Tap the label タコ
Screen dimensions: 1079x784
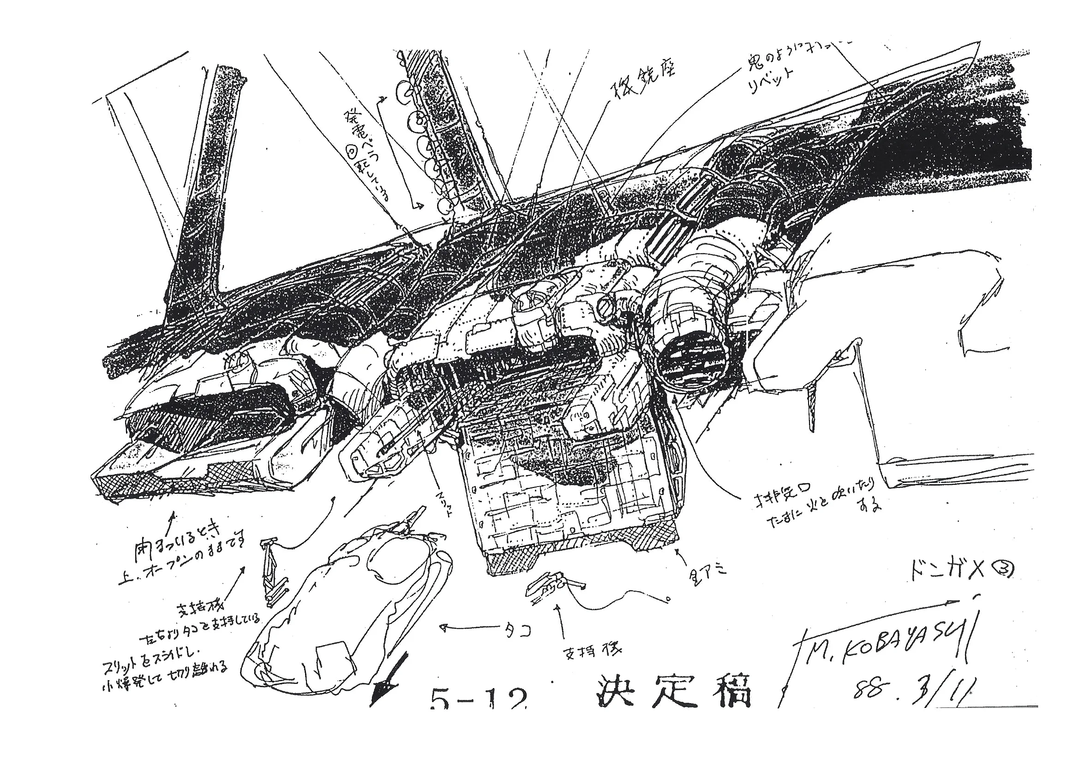point(516,630)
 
